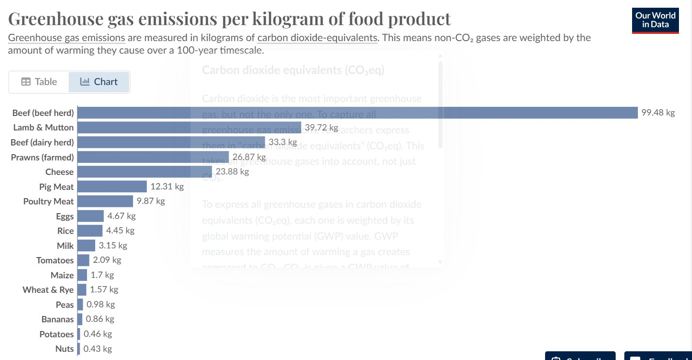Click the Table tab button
39,82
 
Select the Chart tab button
99,82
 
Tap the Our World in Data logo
655,20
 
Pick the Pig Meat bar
112,187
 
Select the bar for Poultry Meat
105,201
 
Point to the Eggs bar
91,216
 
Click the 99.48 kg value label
658,113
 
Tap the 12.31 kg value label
167,186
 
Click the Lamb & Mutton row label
43,128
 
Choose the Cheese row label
59,172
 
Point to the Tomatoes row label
55,260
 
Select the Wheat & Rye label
48,290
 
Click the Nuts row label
65,349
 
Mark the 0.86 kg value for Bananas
100,319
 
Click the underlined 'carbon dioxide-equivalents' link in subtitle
317,38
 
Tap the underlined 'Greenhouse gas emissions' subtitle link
67,38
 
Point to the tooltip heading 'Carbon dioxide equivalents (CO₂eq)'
293,70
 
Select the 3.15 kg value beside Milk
113,245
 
